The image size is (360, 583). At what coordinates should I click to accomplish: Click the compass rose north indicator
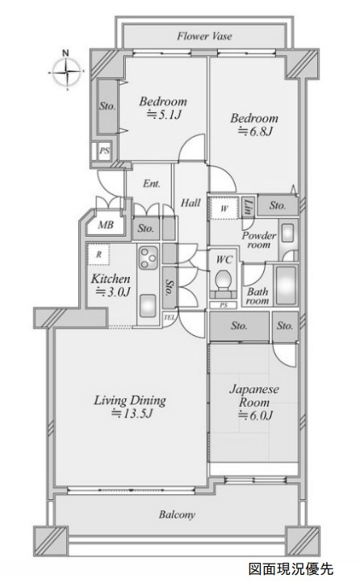click(x=66, y=70)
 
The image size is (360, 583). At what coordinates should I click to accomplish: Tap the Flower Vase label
click(x=204, y=36)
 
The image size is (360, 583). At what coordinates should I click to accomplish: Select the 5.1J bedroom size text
click(x=163, y=115)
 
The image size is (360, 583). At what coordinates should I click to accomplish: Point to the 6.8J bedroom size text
click(x=255, y=131)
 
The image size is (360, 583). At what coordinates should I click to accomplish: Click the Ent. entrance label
click(x=152, y=183)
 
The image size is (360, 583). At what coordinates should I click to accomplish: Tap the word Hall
click(x=190, y=203)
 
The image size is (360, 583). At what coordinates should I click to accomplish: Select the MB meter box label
click(x=106, y=224)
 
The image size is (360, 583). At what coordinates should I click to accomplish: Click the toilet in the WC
click(x=224, y=281)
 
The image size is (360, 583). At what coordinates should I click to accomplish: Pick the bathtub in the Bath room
click(x=287, y=285)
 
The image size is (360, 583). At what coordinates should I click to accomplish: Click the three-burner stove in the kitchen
click(x=149, y=258)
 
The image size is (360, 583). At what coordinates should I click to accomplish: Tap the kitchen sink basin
click(x=148, y=305)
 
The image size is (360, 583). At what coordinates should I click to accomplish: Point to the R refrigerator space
click(x=98, y=254)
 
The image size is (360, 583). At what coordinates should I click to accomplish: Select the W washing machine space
click(x=224, y=208)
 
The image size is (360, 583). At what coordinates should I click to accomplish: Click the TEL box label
click(x=169, y=317)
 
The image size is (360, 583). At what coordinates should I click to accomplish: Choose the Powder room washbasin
click(x=287, y=234)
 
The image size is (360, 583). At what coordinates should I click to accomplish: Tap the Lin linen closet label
click(x=248, y=207)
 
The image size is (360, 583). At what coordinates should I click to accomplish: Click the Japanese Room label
click(x=254, y=396)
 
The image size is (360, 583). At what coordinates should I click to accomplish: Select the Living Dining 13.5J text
click(x=130, y=407)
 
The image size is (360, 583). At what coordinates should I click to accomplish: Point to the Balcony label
click(x=177, y=514)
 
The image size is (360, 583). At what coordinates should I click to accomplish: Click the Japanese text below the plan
click(x=291, y=568)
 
